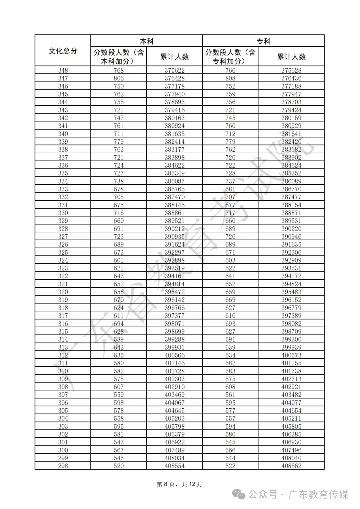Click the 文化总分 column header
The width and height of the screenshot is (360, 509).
point(63,51)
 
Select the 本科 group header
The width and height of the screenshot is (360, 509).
point(147,41)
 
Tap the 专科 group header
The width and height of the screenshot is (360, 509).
point(263,41)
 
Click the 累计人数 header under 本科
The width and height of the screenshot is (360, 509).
point(174,57)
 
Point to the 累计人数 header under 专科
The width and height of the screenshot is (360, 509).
point(291,57)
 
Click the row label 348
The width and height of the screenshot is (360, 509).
point(63,70)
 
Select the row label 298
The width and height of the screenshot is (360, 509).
point(63,466)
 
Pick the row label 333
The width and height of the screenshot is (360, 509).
point(63,189)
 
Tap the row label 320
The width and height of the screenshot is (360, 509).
point(63,292)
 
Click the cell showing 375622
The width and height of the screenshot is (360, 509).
point(174,70)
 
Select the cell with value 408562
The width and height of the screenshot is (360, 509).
point(291,466)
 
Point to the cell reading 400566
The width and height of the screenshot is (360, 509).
point(174,355)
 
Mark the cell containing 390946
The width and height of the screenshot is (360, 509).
point(291,237)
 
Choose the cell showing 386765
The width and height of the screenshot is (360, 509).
point(174,189)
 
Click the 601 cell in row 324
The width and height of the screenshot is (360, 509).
point(119,260)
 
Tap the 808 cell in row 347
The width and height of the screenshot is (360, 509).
point(230,78)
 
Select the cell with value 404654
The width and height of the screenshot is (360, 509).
point(291,411)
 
